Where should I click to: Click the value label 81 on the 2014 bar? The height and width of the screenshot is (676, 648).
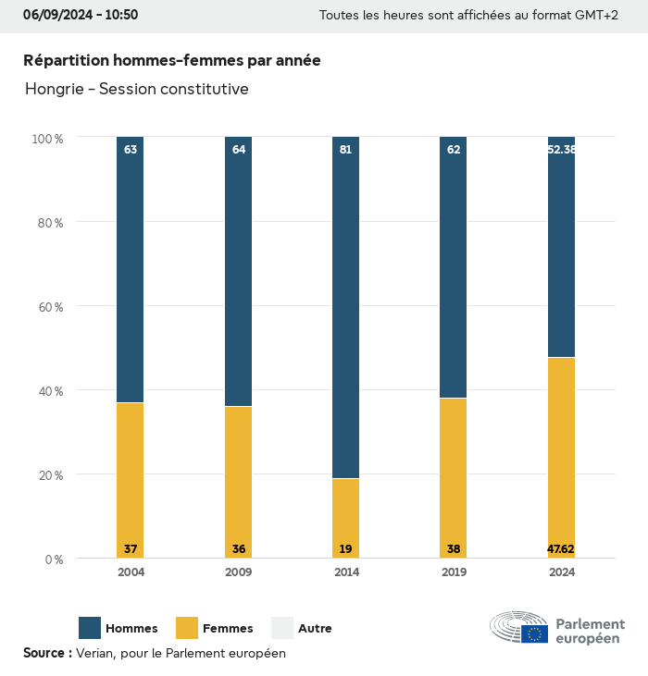click(x=345, y=149)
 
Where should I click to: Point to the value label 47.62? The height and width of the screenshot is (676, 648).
click(x=561, y=549)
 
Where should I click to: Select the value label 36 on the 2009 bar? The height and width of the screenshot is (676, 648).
click(x=239, y=549)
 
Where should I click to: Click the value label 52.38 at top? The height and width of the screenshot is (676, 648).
click(x=561, y=149)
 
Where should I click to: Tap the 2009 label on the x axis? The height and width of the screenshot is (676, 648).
click(x=239, y=572)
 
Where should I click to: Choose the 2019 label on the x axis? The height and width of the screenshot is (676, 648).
click(x=454, y=572)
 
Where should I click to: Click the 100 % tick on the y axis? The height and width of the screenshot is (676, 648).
click(x=47, y=138)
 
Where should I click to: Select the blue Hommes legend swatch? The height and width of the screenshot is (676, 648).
click(x=90, y=628)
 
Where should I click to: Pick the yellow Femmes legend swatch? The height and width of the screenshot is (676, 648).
click(x=187, y=628)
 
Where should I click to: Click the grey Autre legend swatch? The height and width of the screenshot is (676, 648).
click(x=282, y=628)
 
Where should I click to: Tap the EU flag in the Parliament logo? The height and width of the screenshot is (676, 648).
click(x=534, y=634)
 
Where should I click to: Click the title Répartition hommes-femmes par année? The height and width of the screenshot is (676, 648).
click(x=172, y=60)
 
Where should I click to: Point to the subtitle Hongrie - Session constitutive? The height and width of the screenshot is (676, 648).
click(x=137, y=89)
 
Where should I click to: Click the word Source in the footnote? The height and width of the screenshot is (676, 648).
click(x=44, y=653)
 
